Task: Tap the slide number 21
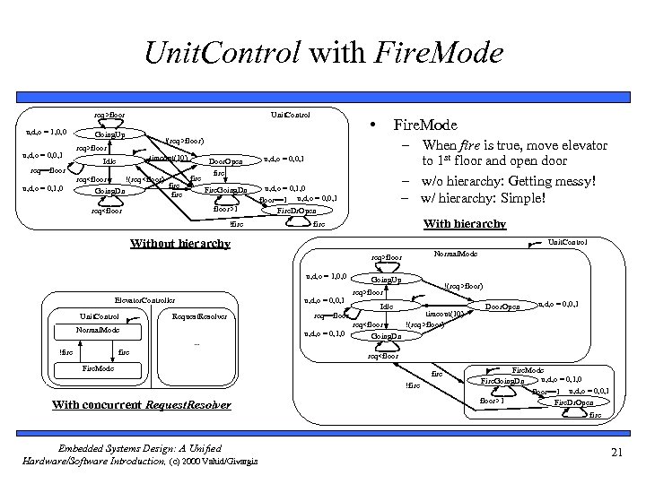pyautogui.click(x=615, y=453)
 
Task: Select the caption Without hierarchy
pyautogui.click(x=180, y=242)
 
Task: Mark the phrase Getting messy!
pyautogui.click(x=546, y=181)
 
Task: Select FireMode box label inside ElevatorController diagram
pyautogui.click(x=98, y=368)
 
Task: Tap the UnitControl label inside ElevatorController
pyautogui.click(x=99, y=316)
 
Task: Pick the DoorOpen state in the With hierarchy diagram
pyautogui.click(x=502, y=307)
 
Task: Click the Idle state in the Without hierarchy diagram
pyautogui.click(x=109, y=161)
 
